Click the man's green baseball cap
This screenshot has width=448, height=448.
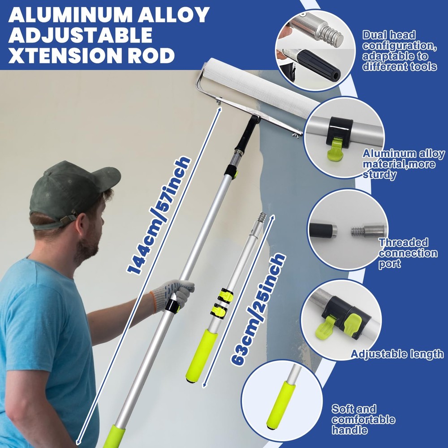(71, 193)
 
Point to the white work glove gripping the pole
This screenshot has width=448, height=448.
(172, 295)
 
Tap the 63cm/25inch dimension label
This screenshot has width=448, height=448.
(258, 309)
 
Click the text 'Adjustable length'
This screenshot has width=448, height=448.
(397, 354)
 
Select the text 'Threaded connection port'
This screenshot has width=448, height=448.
(408, 253)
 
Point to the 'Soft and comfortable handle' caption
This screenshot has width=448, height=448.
(363, 419)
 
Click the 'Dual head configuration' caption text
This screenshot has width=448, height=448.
(400, 51)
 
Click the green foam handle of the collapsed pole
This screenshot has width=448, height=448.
(201, 356)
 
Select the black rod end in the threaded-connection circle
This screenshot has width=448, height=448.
(323, 230)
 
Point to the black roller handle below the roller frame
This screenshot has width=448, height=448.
(246, 134)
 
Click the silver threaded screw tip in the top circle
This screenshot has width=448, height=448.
(332, 34)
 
